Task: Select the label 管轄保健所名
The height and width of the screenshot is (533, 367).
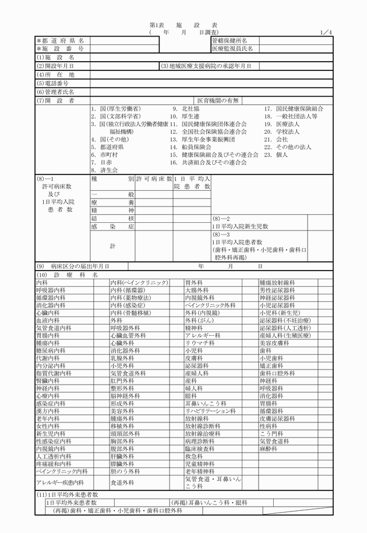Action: (x=229, y=41)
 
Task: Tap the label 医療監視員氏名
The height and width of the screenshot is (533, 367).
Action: (x=232, y=49)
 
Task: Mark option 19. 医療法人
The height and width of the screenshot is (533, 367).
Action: (x=283, y=124)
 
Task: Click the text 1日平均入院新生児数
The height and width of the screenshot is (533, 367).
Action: (x=239, y=226)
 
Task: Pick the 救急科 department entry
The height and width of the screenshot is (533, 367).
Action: (x=192, y=457)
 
